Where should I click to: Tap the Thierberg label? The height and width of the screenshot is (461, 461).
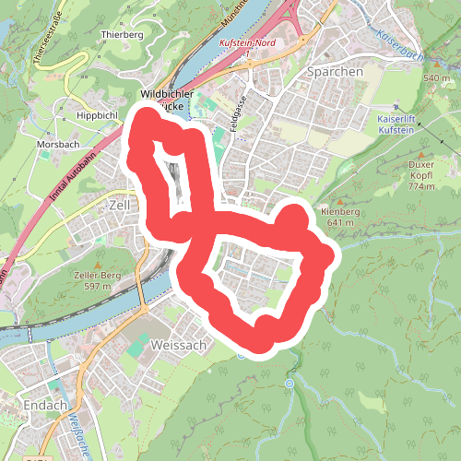point(124,34)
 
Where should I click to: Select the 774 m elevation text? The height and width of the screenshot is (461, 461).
point(420,187)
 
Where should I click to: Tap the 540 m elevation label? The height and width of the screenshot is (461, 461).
point(436,78)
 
